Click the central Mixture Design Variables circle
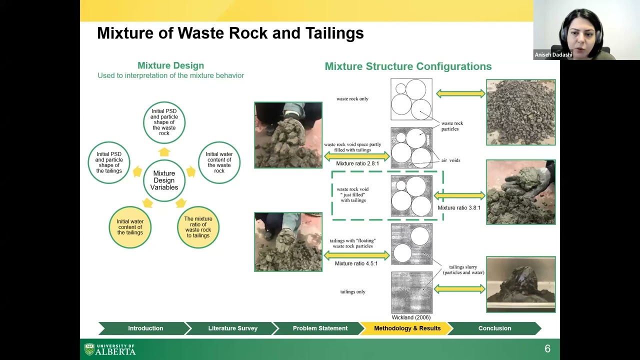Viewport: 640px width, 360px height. point(164,180)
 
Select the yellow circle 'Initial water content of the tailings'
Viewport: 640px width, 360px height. point(130,227)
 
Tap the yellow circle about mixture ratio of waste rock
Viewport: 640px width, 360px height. point(198,227)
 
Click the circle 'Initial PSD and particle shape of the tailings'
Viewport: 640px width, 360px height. point(109,162)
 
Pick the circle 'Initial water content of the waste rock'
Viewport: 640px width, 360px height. point(219,162)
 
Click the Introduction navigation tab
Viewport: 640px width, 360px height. point(145,328)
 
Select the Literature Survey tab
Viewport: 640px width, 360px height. point(232,328)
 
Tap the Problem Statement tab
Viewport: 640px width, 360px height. point(320,328)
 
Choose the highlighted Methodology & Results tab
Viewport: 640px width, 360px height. point(407,328)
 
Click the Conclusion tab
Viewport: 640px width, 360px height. point(494,328)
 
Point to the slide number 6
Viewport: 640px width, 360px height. point(547,349)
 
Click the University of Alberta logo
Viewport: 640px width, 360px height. point(110,349)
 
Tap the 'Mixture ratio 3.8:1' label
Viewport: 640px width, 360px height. point(458,208)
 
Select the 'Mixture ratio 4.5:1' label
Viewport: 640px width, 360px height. point(356,263)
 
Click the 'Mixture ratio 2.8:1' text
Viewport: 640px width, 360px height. point(357,163)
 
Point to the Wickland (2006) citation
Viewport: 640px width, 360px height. point(411,317)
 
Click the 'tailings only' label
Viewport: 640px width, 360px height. point(352,292)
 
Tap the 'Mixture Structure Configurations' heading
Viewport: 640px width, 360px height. point(408,66)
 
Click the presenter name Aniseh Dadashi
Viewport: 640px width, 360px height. point(553,55)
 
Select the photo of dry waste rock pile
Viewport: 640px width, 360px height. point(520,112)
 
